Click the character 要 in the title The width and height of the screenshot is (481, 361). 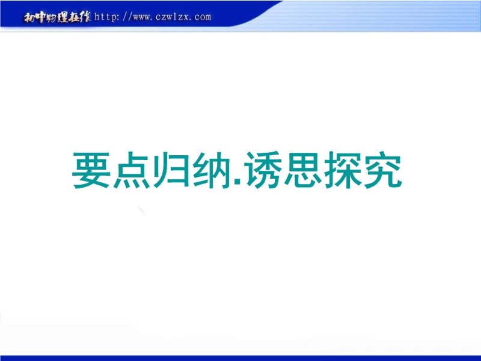[x=91, y=170]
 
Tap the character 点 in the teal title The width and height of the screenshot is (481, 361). [x=132, y=170]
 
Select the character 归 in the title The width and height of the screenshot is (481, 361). [x=171, y=170]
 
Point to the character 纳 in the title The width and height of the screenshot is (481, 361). [x=212, y=170]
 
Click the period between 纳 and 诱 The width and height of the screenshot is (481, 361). [x=237, y=183]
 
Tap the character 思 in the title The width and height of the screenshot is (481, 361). [x=303, y=170]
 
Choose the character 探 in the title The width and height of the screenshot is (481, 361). [x=343, y=170]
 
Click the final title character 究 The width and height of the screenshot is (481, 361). [x=383, y=170]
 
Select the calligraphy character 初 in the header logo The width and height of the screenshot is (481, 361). [x=29, y=17]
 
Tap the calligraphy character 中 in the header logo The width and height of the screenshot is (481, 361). [x=40, y=17]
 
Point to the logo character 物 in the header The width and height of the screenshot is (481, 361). [x=52, y=17]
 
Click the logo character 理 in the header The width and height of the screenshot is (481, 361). [x=63, y=17]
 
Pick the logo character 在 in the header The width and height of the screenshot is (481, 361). [x=73, y=17]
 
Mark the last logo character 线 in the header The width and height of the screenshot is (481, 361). [x=85, y=17]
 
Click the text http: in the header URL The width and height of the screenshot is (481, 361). [x=106, y=17]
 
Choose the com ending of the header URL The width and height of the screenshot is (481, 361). [x=203, y=17]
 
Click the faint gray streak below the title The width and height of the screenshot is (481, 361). [x=141, y=210]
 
